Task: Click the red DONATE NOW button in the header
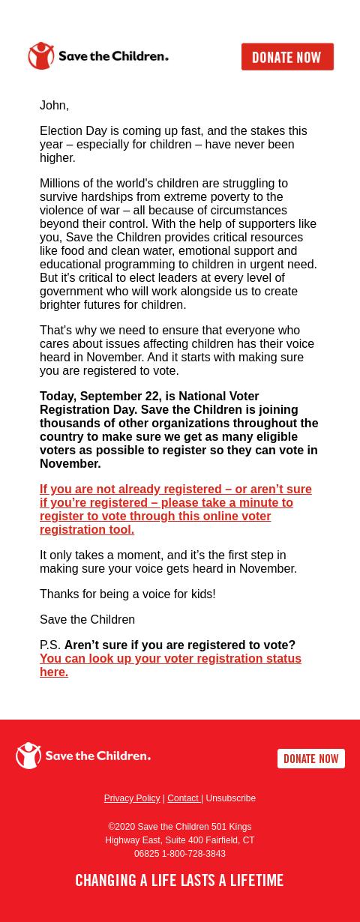point(287,57)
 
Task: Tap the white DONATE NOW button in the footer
point(310,759)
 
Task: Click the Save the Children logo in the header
point(98,56)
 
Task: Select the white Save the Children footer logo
point(83,756)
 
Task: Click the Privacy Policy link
point(131,798)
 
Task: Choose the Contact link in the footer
point(183,798)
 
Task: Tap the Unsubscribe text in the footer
point(231,798)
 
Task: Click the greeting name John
point(53,106)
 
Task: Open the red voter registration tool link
point(175,509)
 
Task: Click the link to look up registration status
point(170,665)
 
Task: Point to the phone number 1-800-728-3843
point(193,854)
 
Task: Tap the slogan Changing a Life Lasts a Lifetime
point(179,881)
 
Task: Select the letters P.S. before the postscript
point(49,645)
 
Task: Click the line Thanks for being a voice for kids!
point(127,594)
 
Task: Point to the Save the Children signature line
point(87,620)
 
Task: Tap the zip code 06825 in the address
point(146,854)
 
